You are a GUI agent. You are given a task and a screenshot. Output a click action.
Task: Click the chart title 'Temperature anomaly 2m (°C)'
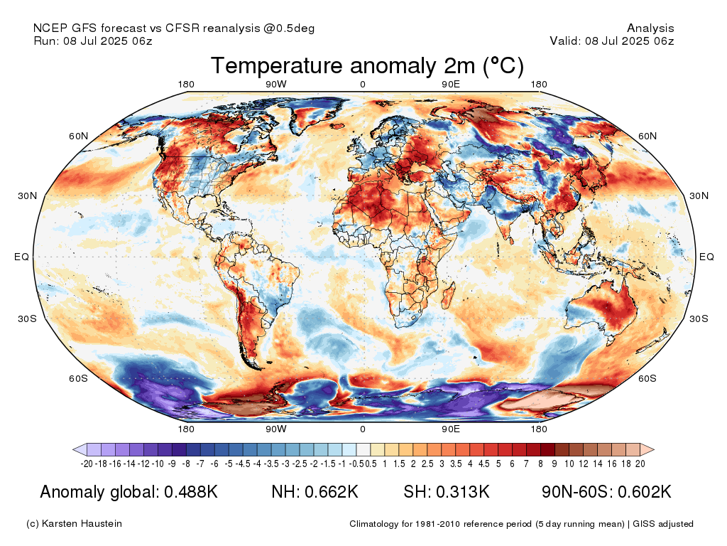coord(367,66)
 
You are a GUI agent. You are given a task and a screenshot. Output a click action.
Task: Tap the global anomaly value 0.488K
coord(190,492)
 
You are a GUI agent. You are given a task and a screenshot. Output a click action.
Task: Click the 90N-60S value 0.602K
coord(642,492)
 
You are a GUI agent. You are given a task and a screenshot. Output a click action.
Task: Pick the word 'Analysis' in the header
coord(650,28)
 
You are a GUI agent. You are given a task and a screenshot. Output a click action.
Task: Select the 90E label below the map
coord(452,429)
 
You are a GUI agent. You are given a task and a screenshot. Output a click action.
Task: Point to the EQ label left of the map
coord(22,257)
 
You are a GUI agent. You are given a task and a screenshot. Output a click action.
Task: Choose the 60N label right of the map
coord(647,136)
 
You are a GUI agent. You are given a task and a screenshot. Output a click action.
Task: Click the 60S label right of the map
coord(647,378)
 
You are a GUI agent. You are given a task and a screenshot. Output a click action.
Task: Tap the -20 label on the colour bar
coord(87,464)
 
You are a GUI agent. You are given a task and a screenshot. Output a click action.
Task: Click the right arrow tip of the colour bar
coord(652,449)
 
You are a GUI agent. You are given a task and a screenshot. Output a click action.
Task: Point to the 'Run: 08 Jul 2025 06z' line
coord(93,41)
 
